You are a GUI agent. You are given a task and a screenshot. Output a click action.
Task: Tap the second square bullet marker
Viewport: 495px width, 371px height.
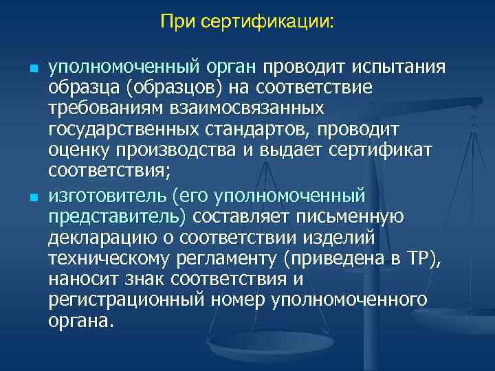[x=33, y=198]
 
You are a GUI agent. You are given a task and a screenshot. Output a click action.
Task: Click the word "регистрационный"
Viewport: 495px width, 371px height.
[x=121, y=300]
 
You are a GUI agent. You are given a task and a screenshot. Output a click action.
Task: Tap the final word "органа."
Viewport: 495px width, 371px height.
[x=78, y=320]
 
